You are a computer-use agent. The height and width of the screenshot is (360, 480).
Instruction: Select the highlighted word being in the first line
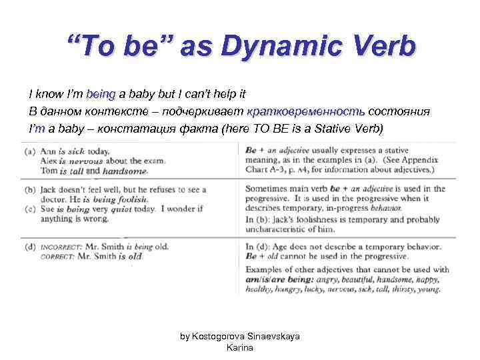[x=101, y=95]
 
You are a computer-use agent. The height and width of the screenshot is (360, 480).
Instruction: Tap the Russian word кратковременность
[x=306, y=111]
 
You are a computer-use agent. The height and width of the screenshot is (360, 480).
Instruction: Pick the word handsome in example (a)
[x=124, y=171]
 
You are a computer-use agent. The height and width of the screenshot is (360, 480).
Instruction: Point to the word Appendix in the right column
[x=423, y=160]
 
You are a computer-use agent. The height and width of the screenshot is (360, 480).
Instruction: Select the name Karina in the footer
[x=240, y=347]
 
